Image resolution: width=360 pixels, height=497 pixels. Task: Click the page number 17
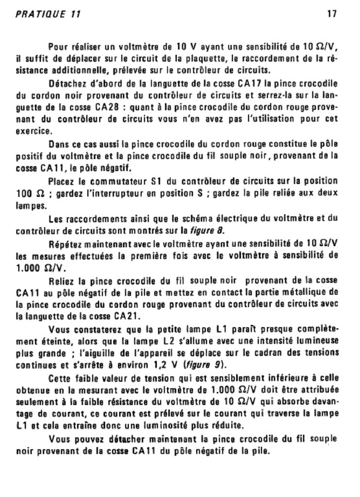(332, 14)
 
